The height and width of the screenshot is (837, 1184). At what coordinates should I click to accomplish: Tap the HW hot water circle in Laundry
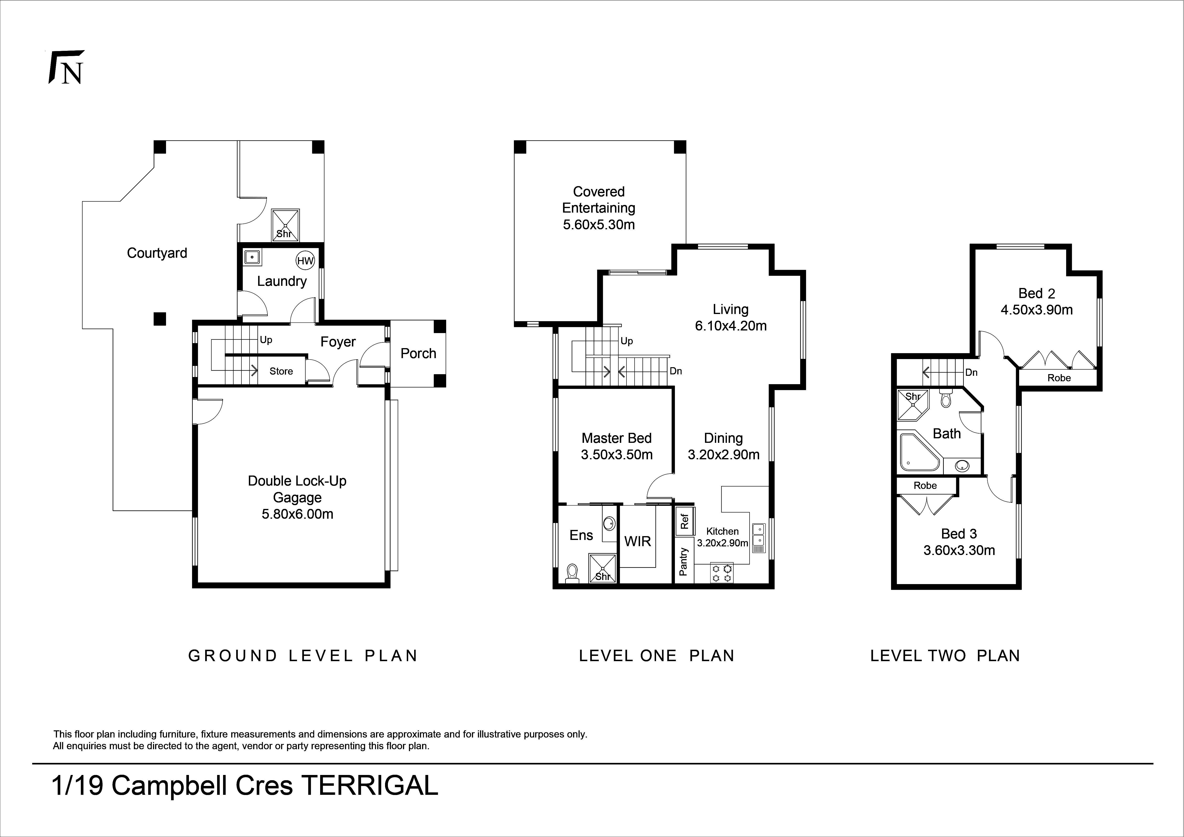(305, 261)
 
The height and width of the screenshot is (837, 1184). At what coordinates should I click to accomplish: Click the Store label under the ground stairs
(281, 371)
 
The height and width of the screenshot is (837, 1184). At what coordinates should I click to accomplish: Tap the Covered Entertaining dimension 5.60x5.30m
(599, 225)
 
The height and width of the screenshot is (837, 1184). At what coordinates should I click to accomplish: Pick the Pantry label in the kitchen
(683, 562)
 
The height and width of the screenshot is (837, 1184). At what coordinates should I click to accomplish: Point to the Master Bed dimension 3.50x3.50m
(617, 455)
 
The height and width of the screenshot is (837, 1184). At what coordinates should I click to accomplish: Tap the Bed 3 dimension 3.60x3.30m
(959, 550)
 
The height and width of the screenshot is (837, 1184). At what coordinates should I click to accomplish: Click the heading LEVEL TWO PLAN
(945, 656)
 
